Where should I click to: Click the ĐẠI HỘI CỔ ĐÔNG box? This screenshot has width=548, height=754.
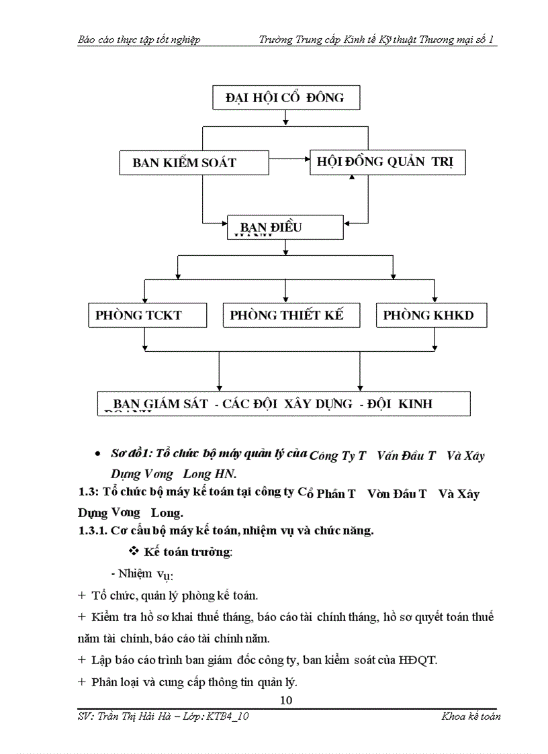(x=286, y=98)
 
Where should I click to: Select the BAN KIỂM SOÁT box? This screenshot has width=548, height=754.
(x=193, y=163)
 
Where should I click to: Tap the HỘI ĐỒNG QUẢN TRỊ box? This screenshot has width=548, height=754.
(x=387, y=162)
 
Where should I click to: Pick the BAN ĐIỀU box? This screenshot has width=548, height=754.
(x=285, y=228)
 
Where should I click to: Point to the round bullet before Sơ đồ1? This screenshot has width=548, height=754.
(x=98, y=455)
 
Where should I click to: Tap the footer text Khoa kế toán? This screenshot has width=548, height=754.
(x=470, y=716)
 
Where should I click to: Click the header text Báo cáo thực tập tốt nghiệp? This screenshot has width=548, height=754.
(x=139, y=40)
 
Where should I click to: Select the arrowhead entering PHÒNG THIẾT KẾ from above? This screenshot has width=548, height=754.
(x=286, y=299)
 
